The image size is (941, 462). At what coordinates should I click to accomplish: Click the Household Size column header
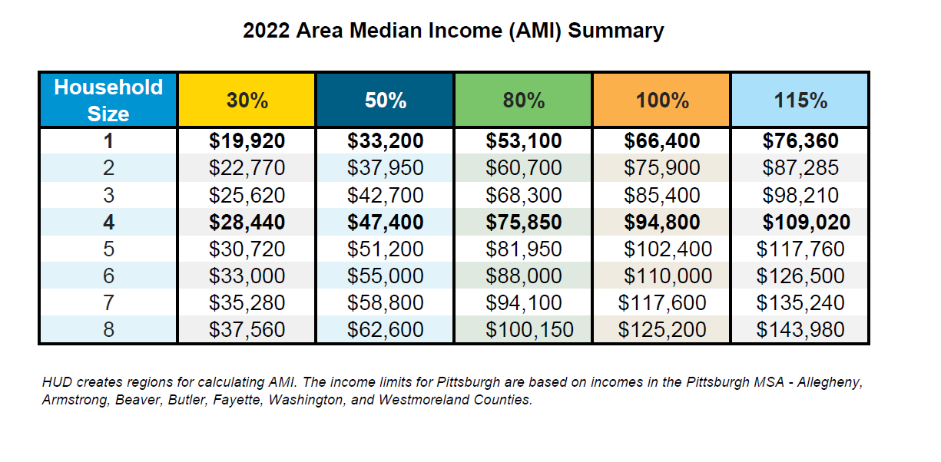click(108, 100)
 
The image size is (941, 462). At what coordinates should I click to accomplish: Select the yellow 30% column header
click(247, 100)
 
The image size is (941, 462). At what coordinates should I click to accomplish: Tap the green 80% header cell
click(523, 100)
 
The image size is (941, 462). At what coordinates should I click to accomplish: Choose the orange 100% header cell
click(661, 100)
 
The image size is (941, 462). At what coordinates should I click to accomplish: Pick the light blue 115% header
click(800, 100)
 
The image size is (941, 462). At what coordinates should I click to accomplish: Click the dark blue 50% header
click(385, 100)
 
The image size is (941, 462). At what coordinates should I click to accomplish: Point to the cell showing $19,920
click(247, 141)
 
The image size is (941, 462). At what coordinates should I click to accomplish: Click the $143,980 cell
click(800, 330)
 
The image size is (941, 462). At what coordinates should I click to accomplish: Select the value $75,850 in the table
click(524, 223)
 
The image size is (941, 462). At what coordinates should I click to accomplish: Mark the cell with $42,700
click(385, 195)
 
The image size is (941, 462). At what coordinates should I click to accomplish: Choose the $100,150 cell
click(529, 330)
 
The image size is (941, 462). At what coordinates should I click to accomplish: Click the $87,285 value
click(800, 168)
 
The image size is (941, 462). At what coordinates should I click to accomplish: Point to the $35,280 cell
click(247, 303)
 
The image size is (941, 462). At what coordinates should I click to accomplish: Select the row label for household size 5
click(108, 249)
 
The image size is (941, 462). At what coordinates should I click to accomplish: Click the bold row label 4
click(108, 223)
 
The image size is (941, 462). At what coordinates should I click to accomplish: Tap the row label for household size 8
click(108, 330)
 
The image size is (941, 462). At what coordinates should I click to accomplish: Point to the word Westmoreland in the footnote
click(421, 401)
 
